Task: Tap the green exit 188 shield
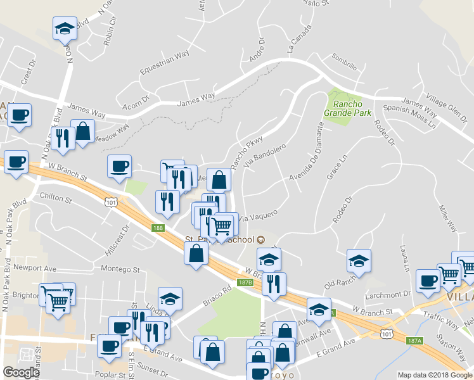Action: point(158,227)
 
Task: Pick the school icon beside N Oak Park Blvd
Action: point(65,29)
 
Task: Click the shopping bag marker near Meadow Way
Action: point(82,132)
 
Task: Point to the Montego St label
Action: point(119,269)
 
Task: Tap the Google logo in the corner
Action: point(21,372)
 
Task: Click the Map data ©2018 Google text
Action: point(434,375)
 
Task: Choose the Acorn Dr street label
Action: point(136,99)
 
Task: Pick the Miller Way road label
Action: point(448,215)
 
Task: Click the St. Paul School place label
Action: point(219,239)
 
